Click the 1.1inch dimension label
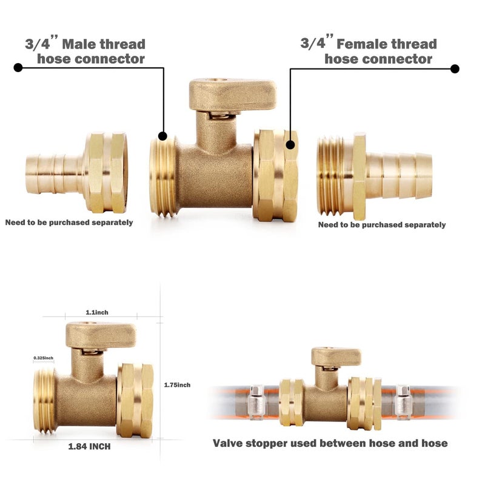pyautogui.click(x=97, y=312)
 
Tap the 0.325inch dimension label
pyautogui.click(x=43, y=358)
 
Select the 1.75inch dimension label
pyautogui.click(x=177, y=385)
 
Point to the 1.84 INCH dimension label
pyautogui.click(x=89, y=446)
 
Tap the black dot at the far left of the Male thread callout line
pyautogui.click(x=18, y=67)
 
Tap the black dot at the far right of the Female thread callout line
pyautogui.click(x=455, y=69)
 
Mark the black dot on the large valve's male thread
pyautogui.click(x=162, y=136)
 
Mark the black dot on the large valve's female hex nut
pyautogui.click(x=290, y=144)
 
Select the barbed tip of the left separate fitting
pyautogui.click(x=32, y=174)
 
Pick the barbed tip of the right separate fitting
pyautogui.click(x=424, y=176)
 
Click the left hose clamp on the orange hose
pyautogui.click(x=256, y=402)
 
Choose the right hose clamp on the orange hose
pyautogui.click(x=403, y=402)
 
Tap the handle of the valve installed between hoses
pyautogui.click(x=336, y=356)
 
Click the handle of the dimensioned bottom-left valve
pyautogui.click(x=101, y=335)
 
